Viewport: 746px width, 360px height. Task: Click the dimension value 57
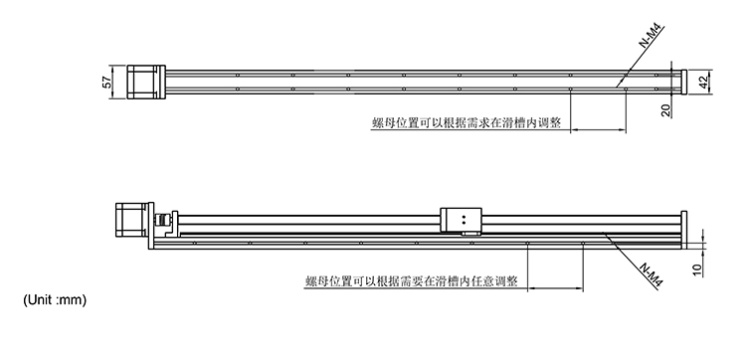(107, 84)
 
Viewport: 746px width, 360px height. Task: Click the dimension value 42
(702, 82)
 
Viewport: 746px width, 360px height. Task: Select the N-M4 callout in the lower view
(652, 274)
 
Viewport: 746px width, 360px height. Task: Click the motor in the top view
(142, 82)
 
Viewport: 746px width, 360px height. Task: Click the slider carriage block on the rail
(462, 218)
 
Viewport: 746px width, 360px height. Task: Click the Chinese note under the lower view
(411, 281)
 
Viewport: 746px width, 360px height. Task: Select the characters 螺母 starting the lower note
(316, 281)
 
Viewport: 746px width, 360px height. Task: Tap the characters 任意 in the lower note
(472, 281)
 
